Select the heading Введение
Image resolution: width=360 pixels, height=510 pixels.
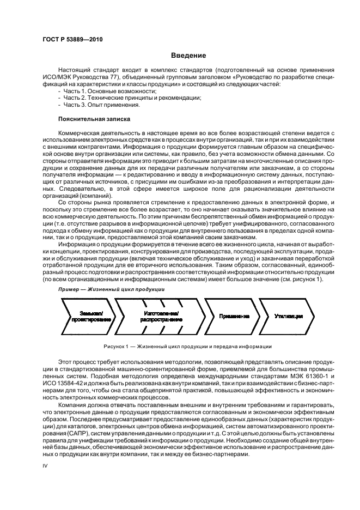[x=188, y=55]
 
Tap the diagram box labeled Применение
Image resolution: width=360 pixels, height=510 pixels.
[x=234, y=316]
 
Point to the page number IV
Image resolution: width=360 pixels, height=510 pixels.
[x=46, y=466]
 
